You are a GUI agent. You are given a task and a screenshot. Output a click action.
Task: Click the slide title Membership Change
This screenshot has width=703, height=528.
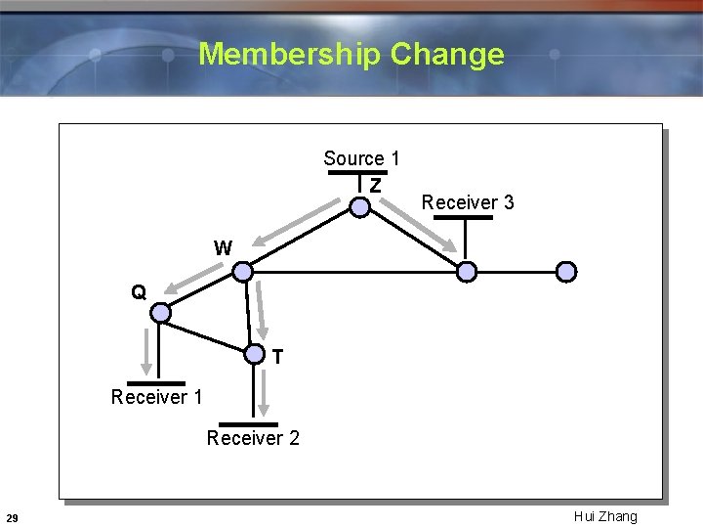(x=351, y=53)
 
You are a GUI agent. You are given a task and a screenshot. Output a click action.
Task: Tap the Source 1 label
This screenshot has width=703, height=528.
(x=361, y=158)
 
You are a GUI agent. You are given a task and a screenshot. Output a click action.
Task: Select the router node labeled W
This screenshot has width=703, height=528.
(x=243, y=271)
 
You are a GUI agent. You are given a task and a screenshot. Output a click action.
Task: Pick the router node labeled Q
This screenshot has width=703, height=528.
(x=161, y=313)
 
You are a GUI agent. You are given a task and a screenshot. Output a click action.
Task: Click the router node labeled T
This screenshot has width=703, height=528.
(x=254, y=354)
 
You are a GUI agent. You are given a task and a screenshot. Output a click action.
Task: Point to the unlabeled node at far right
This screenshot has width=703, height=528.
(x=566, y=271)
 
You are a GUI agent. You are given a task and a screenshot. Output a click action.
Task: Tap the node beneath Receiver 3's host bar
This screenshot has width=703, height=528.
(x=468, y=271)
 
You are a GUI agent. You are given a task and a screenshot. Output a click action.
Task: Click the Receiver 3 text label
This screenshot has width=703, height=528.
(x=468, y=202)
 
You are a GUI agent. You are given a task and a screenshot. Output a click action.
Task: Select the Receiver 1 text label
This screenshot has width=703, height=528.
(x=156, y=397)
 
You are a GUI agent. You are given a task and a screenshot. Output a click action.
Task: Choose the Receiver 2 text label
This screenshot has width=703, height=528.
(x=253, y=438)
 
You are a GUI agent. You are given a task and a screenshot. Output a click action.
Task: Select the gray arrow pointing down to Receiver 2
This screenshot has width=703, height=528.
(x=263, y=391)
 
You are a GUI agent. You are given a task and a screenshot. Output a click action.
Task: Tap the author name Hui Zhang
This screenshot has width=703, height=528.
(x=605, y=516)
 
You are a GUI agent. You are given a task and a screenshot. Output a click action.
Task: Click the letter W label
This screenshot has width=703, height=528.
(x=223, y=248)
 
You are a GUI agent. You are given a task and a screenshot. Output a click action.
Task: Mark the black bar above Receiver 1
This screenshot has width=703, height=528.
(x=155, y=382)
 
